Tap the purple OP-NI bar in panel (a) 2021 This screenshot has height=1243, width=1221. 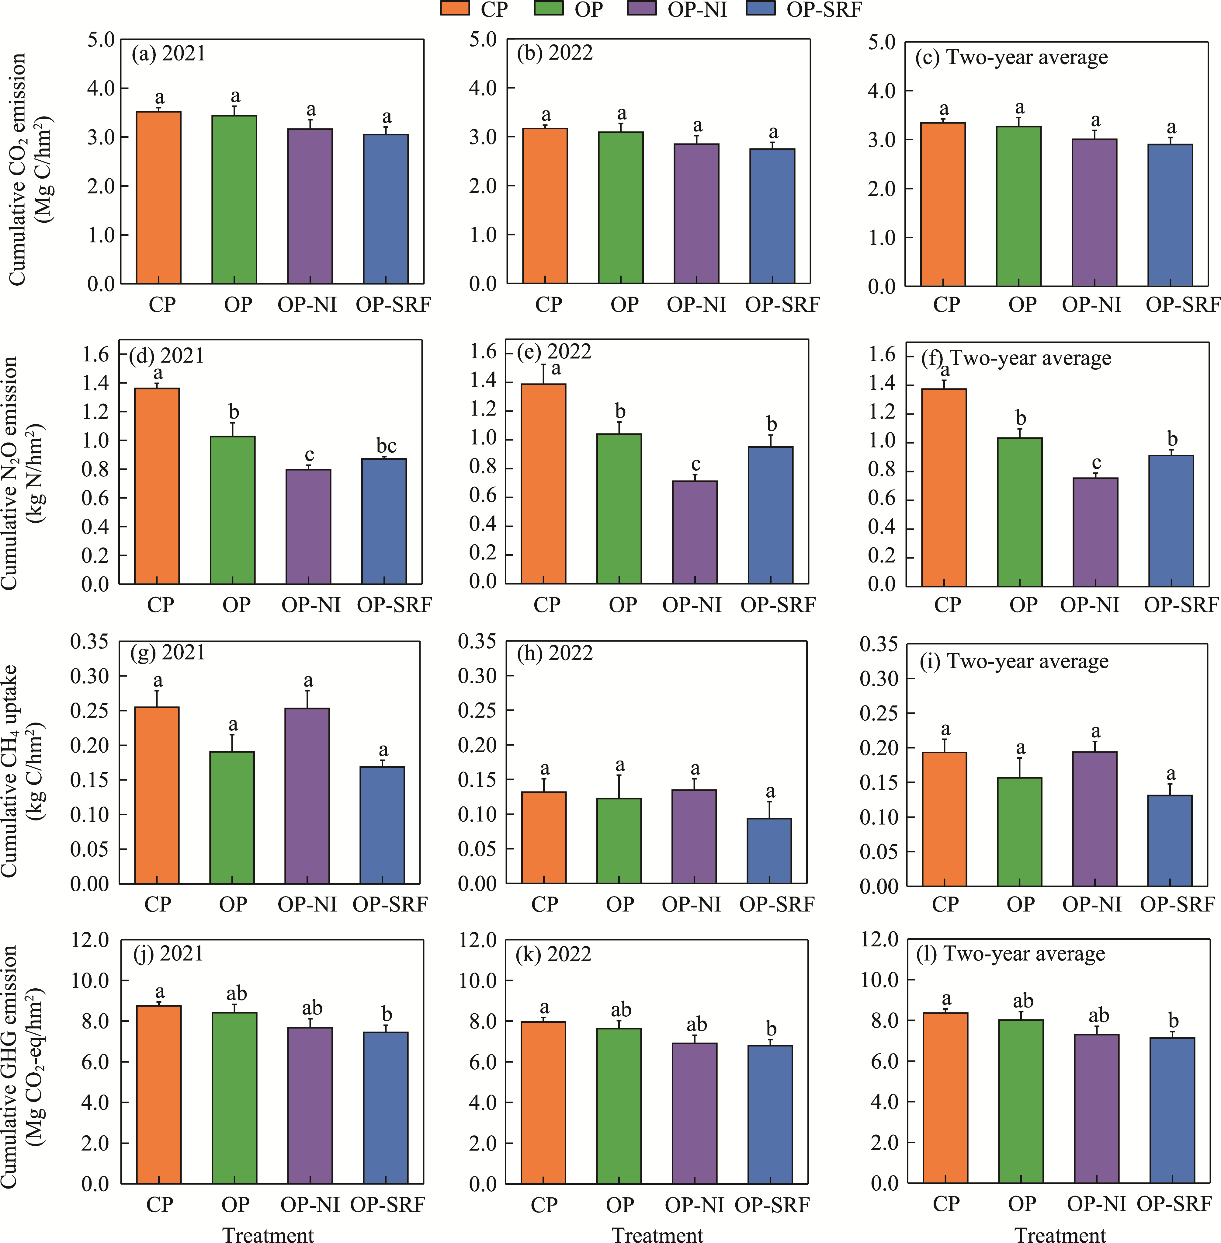(x=310, y=206)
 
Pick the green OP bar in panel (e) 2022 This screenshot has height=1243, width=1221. (x=619, y=509)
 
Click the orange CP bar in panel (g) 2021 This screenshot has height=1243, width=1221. (x=157, y=795)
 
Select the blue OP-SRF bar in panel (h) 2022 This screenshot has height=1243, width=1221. (x=769, y=851)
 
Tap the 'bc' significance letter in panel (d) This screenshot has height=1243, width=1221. (x=386, y=446)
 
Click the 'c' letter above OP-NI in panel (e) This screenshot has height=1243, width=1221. (x=696, y=464)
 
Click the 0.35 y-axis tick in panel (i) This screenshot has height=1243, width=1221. (x=879, y=644)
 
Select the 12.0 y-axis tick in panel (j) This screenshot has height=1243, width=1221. (x=90, y=940)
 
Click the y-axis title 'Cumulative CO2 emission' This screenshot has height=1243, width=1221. (x=17, y=169)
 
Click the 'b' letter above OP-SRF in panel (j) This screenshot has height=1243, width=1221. (x=387, y=1015)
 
